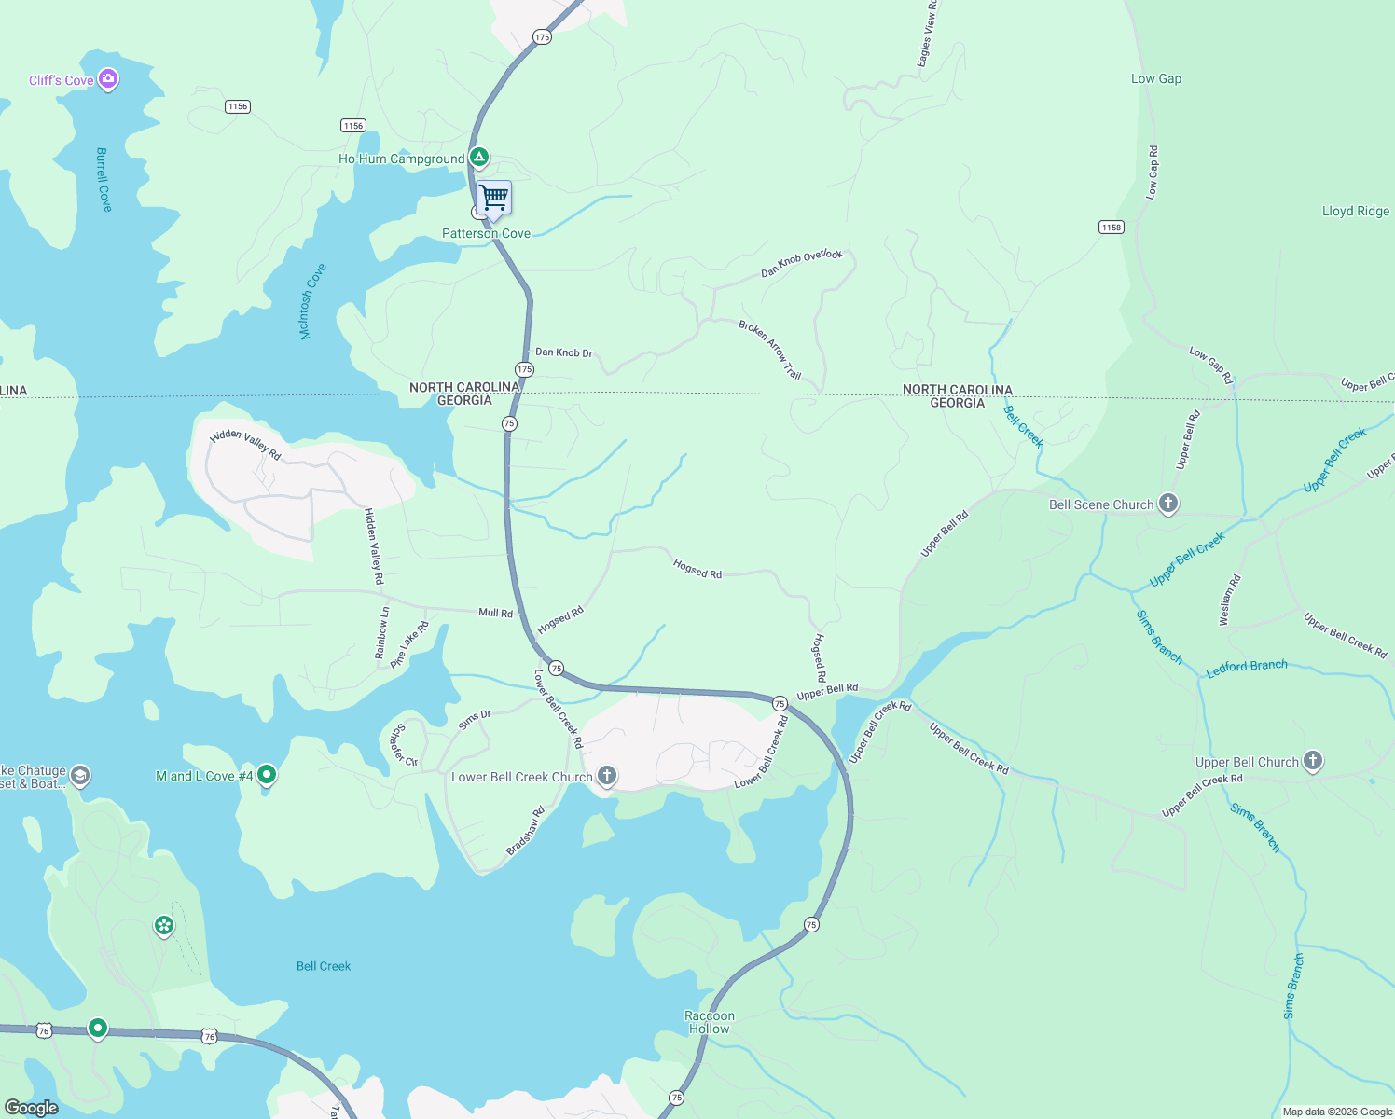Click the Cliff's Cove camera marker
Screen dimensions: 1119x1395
(x=108, y=79)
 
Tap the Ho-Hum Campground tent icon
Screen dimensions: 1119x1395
(x=478, y=158)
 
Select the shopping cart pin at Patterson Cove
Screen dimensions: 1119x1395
(x=493, y=198)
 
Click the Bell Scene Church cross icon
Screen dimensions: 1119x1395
(x=1167, y=504)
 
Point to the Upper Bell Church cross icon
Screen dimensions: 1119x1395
(x=1312, y=761)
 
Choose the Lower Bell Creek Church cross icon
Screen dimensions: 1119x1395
(x=606, y=776)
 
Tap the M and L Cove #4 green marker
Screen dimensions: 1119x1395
(x=267, y=774)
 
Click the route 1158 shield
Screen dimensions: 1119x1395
(x=1111, y=228)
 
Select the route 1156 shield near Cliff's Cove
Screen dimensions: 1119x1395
(x=238, y=106)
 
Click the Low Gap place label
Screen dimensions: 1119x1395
(x=1155, y=79)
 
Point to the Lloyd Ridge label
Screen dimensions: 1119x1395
(x=1355, y=212)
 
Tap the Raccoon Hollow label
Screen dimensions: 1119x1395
(x=710, y=1022)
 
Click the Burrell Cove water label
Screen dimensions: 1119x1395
(x=104, y=179)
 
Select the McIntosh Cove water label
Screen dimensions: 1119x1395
(x=312, y=300)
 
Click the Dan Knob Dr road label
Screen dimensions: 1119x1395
(x=563, y=352)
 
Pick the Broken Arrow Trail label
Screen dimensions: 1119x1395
(x=770, y=350)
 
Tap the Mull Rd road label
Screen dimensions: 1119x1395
(x=495, y=613)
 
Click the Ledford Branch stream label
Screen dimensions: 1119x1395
(x=1247, y=668)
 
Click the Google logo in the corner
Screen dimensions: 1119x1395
(x=31, y=1108)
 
